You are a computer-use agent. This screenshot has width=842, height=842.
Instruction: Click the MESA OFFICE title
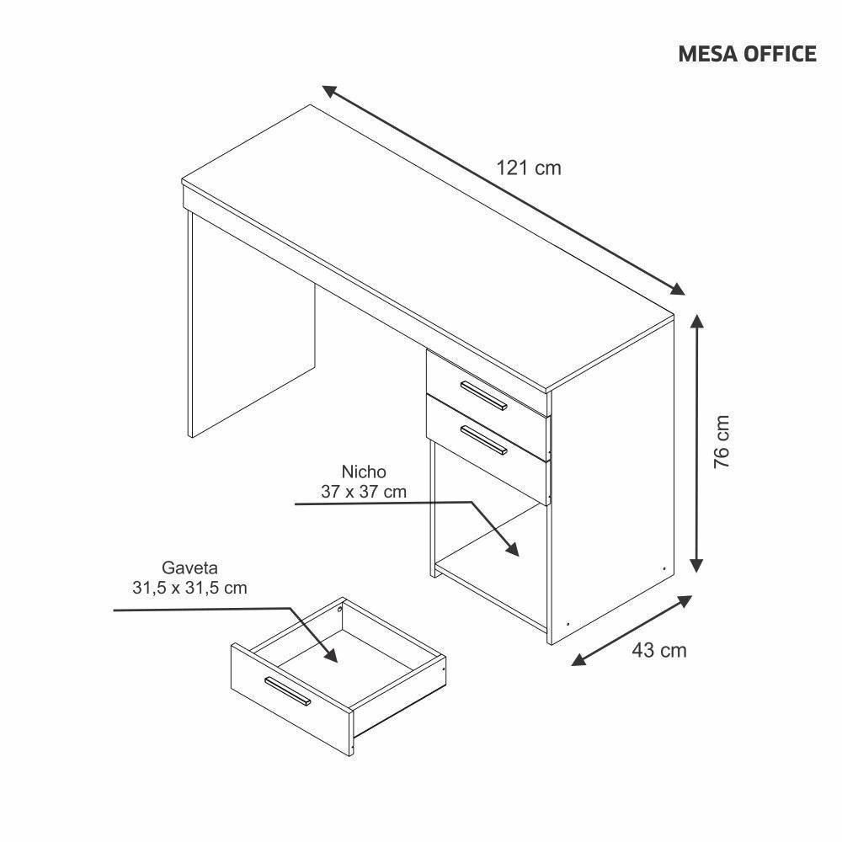coord(747,54)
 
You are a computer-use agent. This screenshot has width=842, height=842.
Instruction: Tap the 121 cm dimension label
coord(529,168)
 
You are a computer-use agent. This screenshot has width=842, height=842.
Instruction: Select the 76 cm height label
coord(722,441)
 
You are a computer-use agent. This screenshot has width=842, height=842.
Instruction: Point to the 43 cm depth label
coord(659,650)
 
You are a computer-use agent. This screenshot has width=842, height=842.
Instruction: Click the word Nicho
coord(364,472)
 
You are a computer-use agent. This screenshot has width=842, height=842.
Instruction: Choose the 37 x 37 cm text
coord(364,492)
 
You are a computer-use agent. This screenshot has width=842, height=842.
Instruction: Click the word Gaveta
coord(189,568)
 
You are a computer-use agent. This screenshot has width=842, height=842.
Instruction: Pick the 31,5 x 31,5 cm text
coord(189,588)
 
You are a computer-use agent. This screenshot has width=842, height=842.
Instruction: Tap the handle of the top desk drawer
coord(483,395)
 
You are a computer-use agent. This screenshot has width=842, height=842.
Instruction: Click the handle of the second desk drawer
coord(483,440)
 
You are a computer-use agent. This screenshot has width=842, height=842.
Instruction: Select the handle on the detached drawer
coord(287,690)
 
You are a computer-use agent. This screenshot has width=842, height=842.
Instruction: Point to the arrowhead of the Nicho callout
coord(510,548)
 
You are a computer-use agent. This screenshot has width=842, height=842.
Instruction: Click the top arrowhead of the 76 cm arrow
coord(696,323)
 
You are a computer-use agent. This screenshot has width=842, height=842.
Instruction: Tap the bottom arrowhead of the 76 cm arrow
coord(696,564)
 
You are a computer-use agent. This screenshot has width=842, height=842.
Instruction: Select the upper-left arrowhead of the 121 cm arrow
coord(331,91)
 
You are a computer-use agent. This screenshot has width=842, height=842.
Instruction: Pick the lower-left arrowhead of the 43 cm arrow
coord(580,659)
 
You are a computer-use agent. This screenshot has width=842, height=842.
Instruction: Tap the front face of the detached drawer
coord(291,700)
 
